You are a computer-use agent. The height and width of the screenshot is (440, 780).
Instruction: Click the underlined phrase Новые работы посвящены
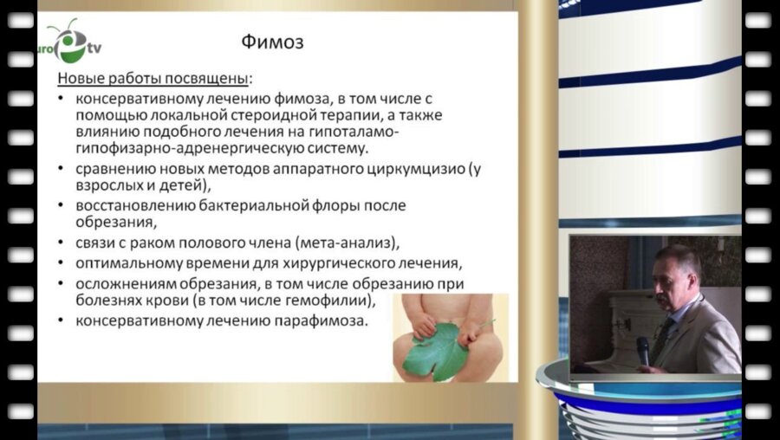[x=153, y=79]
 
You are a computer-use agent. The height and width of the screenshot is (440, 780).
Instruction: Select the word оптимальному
[x=130, y=262]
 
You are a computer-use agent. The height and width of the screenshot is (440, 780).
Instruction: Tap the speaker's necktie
[x=660, y=333]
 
